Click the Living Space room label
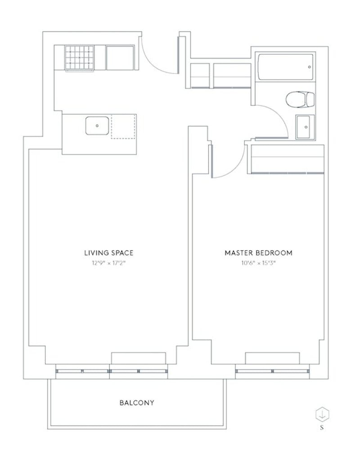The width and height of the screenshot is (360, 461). click(108, 253)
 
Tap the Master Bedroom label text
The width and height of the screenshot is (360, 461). click(258, 253)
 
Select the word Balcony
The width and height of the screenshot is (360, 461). click(136, 402)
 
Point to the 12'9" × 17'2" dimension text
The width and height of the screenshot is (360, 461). click(108, 263)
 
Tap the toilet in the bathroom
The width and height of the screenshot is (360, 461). click(301, 99)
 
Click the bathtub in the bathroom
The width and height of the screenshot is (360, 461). click(285, 67)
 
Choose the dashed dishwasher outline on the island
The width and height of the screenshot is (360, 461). click(123, 127)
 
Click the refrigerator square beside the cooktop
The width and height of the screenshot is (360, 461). click(120, 57)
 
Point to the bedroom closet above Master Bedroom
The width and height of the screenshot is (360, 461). click(287, 159)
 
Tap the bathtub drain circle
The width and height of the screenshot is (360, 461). click(310, 67)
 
